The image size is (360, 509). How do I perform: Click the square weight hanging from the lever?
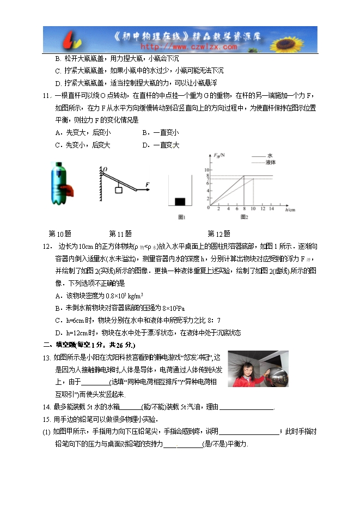point(118,190)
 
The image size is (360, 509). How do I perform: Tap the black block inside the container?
point(180,201)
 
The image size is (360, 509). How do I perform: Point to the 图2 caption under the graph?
point(243,217)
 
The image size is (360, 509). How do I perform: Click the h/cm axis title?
point(290,210)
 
